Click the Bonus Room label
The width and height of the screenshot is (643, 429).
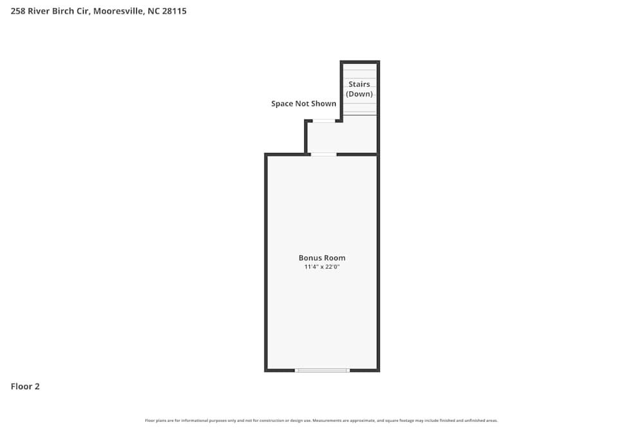pos(321,258)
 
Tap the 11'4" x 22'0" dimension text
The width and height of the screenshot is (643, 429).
pos(321,267)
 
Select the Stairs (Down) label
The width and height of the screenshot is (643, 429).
pos(359,89)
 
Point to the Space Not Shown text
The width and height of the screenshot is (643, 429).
pos(303,104)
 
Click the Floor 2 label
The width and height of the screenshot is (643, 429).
pos(25,387)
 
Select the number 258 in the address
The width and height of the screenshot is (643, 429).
pos(18,11)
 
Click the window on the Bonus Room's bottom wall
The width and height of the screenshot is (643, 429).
pos(321,370)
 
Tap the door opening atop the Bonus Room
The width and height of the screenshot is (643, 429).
pos(323,154)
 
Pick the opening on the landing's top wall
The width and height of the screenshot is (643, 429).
pos(324,120)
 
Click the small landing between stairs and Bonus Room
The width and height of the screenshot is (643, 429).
pos(341,136)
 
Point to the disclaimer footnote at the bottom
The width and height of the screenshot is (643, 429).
pos(321,421)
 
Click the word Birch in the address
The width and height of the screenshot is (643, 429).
pos(66,11)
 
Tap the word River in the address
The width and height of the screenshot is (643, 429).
pos(39,11)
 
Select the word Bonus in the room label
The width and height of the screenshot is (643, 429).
pos(309,258)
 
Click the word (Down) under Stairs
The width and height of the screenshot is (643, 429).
pos(359,94)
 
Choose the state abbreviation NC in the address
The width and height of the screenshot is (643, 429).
pos(153,11)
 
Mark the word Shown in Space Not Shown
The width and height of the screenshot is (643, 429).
pos(324,104)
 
